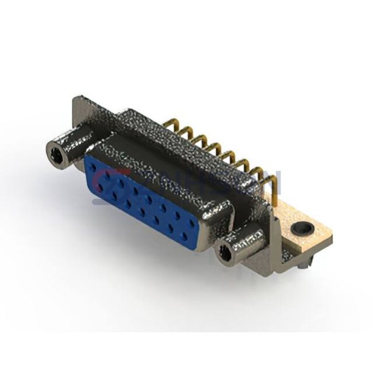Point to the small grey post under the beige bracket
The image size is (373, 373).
(302, 265)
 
